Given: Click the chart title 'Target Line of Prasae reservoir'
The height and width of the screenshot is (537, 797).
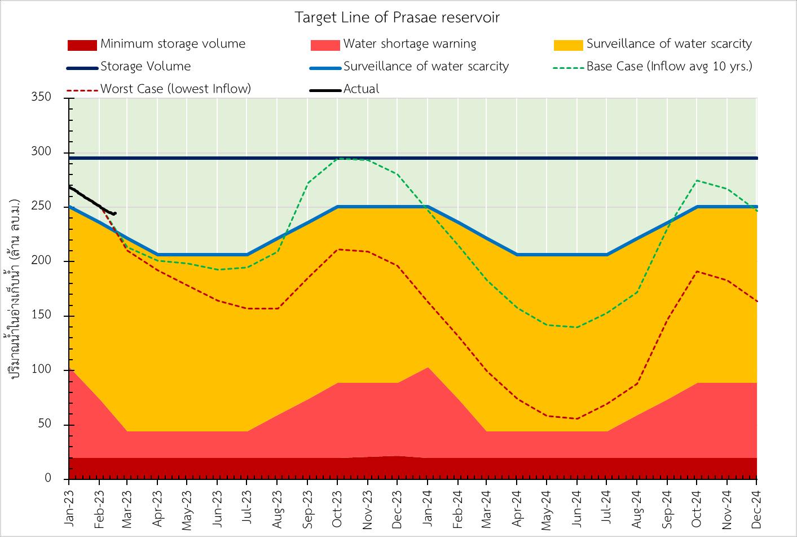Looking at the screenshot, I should coord(398,18).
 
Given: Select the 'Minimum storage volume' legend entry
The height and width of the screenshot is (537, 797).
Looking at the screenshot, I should coord(173,44).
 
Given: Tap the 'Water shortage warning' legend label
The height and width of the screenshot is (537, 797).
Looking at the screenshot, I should coord(409,44).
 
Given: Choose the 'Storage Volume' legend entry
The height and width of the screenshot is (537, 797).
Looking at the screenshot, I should coord(146,67).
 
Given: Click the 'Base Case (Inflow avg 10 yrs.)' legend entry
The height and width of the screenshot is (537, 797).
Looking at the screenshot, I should coord(669,67).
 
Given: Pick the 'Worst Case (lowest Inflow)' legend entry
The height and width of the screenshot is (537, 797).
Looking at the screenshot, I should coord(175,89).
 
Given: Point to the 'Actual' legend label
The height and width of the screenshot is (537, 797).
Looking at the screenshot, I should coord(361,89).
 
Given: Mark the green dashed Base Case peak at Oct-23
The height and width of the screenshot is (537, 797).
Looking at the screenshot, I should coord(338,159).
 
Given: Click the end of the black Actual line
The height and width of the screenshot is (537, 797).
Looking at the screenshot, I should coord(115,213).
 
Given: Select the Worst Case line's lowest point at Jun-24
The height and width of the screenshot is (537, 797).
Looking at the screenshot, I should coord(577,418).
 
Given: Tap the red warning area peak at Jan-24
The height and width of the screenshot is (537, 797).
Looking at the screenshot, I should coord(428,368).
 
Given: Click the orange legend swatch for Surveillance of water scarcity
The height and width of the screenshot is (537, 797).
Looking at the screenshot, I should coord(568,45).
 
